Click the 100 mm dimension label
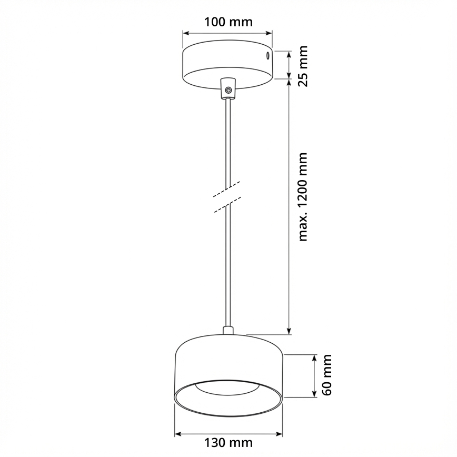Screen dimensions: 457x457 [x=228, y=22]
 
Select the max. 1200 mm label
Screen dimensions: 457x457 [x=302, y=197]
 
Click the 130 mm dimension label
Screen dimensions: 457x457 [x=228, y=443]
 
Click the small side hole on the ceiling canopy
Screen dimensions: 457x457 [x=267, y=55]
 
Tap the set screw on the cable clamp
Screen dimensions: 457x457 [x=228, y=91]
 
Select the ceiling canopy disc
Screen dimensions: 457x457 [x=227, y=62]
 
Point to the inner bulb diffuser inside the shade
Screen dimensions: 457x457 [x=228, y=387]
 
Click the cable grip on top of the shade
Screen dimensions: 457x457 [x=228, y=331]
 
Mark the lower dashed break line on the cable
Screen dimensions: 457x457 [x=227, y=205]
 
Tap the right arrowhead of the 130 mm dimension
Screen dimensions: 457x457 [x=280, y=435]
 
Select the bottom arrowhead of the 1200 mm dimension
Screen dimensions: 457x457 [x=289, y=331]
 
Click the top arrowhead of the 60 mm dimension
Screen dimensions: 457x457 [x=314, y=358]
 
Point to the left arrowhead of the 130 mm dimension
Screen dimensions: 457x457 [x=177, y=435]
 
